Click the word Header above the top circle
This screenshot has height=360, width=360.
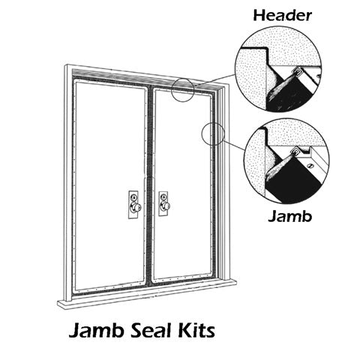[x=283, y=16]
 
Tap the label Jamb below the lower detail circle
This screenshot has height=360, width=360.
[x=290, y=216]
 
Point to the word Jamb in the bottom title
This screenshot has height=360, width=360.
[x=97, y=331]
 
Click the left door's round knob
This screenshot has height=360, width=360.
[x=136, y=207]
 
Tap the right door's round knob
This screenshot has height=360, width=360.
[x=166, y=205]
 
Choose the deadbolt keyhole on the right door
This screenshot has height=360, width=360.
[x=163, y=196]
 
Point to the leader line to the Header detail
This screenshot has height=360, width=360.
[x=214, y=80]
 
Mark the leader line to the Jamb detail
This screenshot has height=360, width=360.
[x=235, y=145]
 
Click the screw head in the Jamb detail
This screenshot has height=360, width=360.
[x=310, y=165]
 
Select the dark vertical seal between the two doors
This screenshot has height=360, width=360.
[x=149, y=185]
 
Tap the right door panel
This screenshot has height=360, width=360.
[x=182, y=184]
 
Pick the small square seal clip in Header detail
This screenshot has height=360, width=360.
[x=297, y=73]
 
